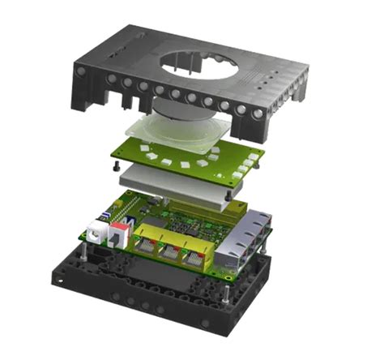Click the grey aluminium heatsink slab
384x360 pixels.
[174, 187]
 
